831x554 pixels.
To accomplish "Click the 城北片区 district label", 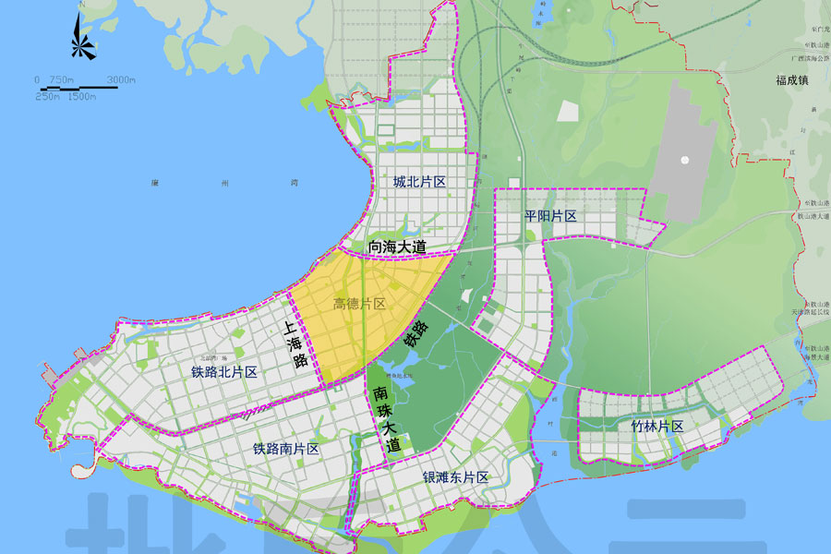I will click(x=419, y=182).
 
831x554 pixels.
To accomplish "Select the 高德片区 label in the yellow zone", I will click(x=358, y=304).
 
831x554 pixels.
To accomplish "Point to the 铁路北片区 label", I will click(x=223, y=372).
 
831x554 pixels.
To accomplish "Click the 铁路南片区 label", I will click(x=285, y=449).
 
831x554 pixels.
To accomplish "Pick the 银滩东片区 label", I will click(x=455, y=477).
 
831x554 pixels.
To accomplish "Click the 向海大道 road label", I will click(x=397, y=247).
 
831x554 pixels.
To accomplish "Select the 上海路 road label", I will click(x=294, y=345).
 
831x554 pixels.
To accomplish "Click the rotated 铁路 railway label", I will click(x=415, y=333).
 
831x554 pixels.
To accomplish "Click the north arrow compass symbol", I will click(x=81, y=42).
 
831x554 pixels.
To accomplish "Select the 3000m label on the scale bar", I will click(x=121, y=80).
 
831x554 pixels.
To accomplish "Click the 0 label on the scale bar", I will click(x=38, y=80).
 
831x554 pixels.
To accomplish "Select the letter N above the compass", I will click(x=81, y=6).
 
